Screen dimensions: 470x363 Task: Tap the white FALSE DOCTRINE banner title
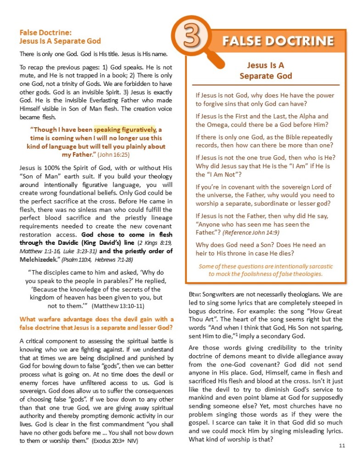coord(278,41)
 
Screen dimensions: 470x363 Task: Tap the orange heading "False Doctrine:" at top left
coord(45,33)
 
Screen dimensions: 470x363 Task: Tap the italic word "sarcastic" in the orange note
coord(320,266)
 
